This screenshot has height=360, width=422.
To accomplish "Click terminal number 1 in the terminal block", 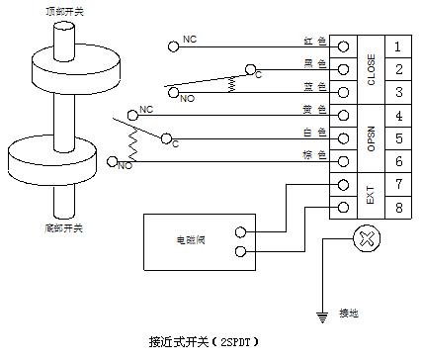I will point(396,46).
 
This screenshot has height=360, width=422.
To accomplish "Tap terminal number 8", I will point(396,208).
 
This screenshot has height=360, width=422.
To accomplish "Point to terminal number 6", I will point(396,161).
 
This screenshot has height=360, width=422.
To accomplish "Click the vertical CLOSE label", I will point(370,69).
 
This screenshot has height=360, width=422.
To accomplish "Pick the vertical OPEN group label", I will point(370,138).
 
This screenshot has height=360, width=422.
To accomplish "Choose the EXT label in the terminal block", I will point(370,196).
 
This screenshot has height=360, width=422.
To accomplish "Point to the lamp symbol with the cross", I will point(367,238).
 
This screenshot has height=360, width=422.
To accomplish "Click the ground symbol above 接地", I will point(321,315).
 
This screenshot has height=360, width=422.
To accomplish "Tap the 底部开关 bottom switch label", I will point(64,228).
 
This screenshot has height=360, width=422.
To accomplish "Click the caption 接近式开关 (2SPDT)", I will point(203,341).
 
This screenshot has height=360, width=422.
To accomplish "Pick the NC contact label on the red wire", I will point(190,41).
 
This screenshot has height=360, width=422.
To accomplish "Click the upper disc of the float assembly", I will point(65,66).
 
